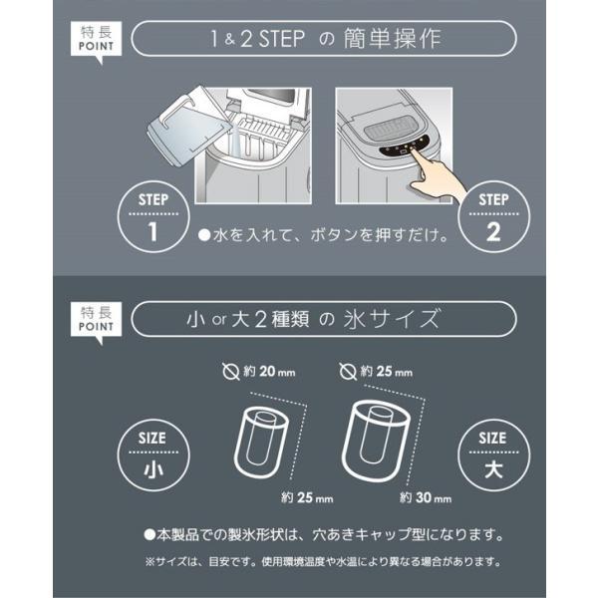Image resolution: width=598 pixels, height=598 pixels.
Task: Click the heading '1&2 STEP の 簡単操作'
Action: tap(325, 41)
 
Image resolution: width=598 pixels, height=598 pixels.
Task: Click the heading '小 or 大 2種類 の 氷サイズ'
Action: tap(325, 320)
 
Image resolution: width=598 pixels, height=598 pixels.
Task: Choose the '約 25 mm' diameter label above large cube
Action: tap(386, 372)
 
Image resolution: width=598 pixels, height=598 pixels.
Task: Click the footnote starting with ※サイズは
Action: tap(324, 562)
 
